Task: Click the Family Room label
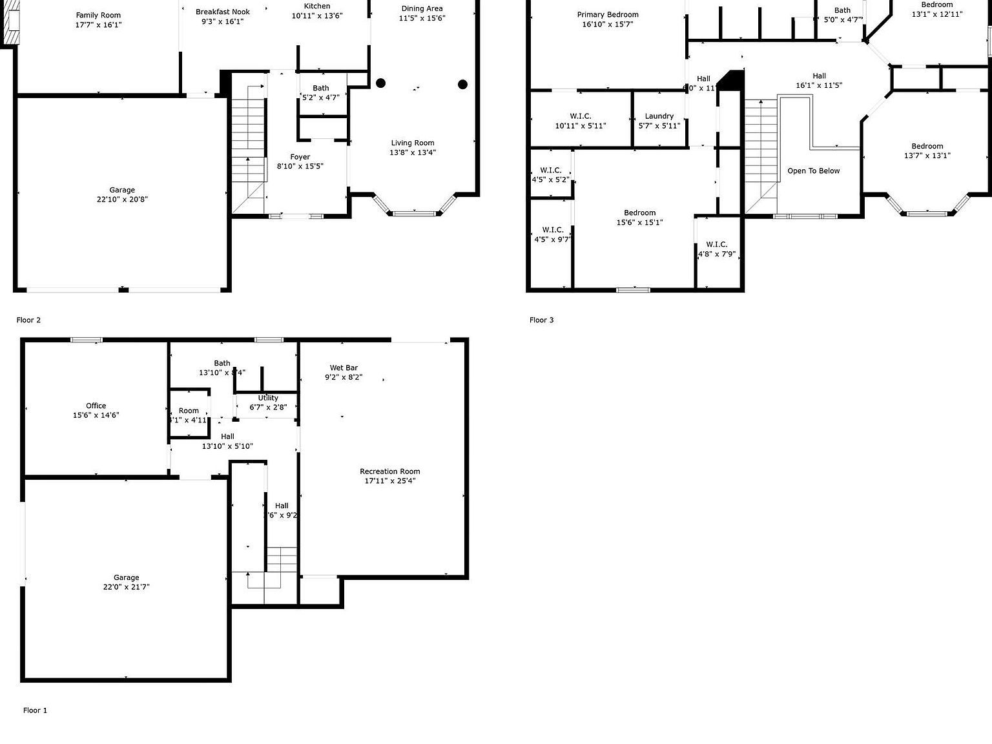point(98,15)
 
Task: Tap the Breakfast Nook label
point(223,12)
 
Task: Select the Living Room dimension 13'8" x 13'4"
point(413,152)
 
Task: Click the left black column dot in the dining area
point(381,83)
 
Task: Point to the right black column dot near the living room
point(462,84)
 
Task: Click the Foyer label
point(300,157)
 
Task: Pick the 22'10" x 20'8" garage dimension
point(122,200)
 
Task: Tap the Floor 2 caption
point(28,320)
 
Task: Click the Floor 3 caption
point(541,320)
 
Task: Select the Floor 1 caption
point(35,710)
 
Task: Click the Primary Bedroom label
point(608,15)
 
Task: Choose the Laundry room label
point(659,116)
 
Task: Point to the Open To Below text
point(814,171)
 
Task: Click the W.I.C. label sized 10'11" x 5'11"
point(581,116)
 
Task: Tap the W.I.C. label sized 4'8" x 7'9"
point(717,244)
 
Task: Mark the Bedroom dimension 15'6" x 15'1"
point(640,222)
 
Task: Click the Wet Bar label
point(344,368)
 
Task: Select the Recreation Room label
point(390,471)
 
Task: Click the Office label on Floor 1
point(96,406)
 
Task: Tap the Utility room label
point(268,398)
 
